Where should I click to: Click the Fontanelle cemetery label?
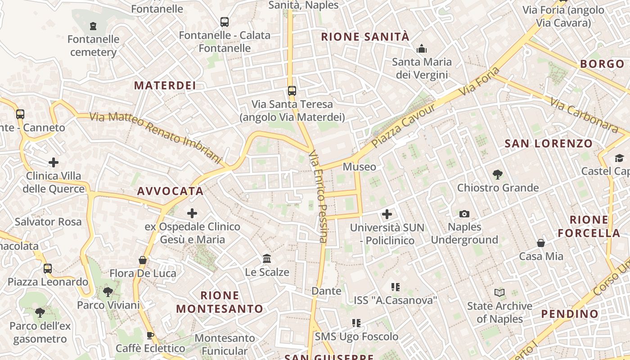click(x=94, y=45)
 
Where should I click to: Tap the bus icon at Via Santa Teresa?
click(x=292, y=91)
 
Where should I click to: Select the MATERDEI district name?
click(x=165, y=85)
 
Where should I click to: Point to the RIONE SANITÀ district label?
click(x=365, y=37)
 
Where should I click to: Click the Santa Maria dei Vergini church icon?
click(x=422, y=48)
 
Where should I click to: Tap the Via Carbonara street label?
click(x=584, y=116)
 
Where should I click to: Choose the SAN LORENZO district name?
click(x=549, y=144)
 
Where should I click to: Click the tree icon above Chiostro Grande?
click(x=498, y=174)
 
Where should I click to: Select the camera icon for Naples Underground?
click(x=464, y=214)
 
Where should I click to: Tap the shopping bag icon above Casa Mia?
click(x=541, y=243)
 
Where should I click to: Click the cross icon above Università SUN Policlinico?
click(x=387, y=214)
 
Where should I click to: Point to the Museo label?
click(x=359, y=167)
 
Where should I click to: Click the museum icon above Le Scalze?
click(x=267, y=259)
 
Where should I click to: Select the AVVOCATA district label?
click(x=171, y=191)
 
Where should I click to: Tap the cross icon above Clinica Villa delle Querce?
click(x=54, y=162)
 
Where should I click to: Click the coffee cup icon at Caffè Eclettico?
click(x=150, y=335)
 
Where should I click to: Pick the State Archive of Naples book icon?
click(x=499, y=293)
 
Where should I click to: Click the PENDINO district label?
click(x=570, y=314)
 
